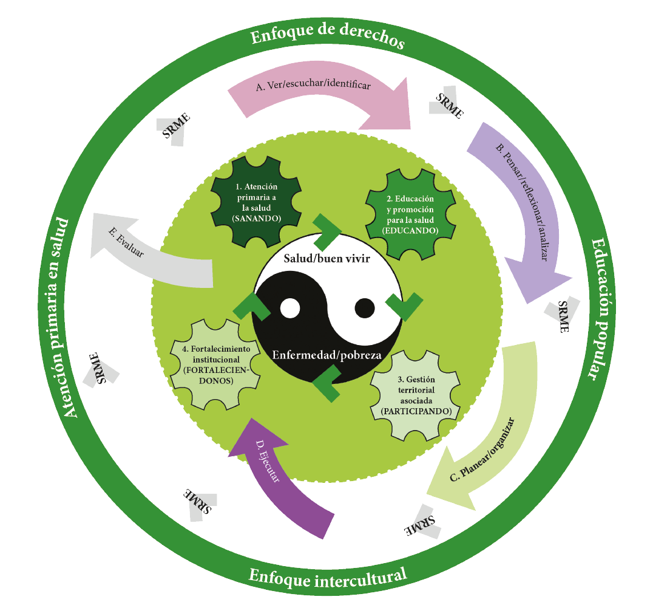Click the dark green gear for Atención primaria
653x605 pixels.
pos(255,197)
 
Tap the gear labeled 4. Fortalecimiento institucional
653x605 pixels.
pos(216,364)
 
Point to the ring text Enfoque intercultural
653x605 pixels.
pos(328,575)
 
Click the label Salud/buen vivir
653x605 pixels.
pos(328,258)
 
